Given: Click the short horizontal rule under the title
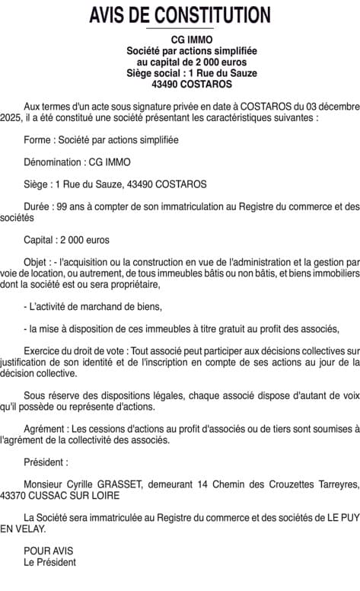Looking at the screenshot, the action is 180,29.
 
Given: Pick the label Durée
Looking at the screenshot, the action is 38,206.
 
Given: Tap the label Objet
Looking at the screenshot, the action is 37,262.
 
